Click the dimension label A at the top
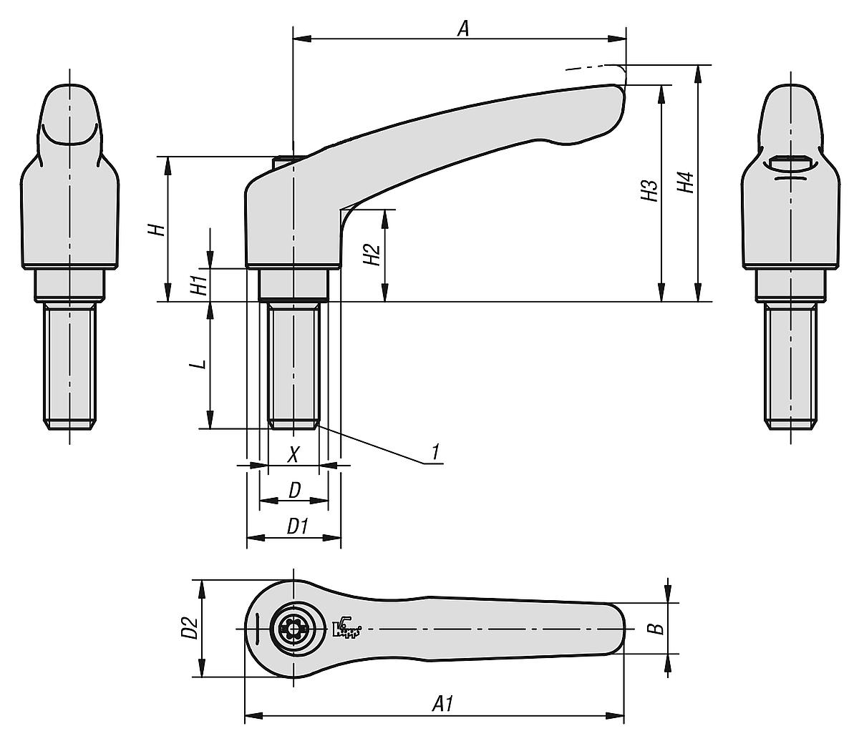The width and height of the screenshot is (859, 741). (x=463, y=28)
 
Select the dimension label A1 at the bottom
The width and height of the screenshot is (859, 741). (x=444, y=704)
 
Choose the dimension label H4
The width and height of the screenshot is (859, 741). (x=686, y=182)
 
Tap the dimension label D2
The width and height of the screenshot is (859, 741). (x=189, y=628)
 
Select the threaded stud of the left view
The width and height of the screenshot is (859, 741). (x=69, y=365)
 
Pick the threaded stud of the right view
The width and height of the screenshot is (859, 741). (x=790, y=365)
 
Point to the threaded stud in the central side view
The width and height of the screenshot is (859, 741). (x=293, y=365)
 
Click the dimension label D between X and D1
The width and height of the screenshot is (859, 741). (x=293, y=491)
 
